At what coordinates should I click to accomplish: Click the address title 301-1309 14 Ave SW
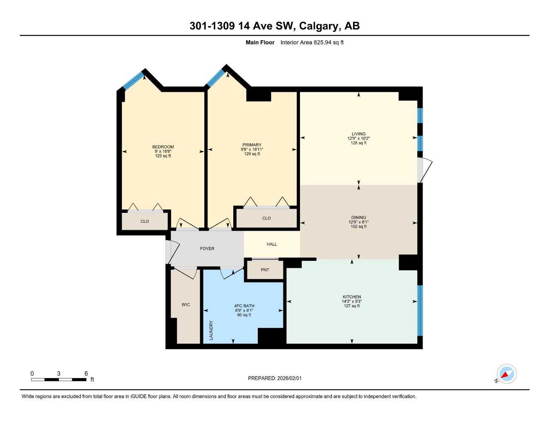pyautogui.click(x=274, y=26)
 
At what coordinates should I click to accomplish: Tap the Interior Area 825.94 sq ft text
pyautogui.click(x=312, y=42)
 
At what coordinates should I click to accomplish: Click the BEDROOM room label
pyautogui.click(x=163, y=147)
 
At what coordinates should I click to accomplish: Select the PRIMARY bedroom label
pyautogui.click(x=252, y=145)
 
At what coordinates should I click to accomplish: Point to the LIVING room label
pyautogui.click(x=358, y=134)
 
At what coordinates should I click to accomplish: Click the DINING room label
pyautogui.click(x=358, y=217)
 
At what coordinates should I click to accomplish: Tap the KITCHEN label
pyautogui.click(x=352, y=297)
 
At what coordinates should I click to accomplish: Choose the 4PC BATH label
pyautogui.click(x=244, y=306)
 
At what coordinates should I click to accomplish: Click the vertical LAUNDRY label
pyautogui.click(x=211, y=330)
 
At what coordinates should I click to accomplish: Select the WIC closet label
pyautogui.click(x=186, y=305)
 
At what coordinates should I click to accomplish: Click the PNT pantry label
pyautogui.click(x=265, y=270)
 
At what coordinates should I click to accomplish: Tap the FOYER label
pyautogui.click(x=207, y=249)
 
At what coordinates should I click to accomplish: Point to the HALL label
pyautogui.click(x=272, y=244)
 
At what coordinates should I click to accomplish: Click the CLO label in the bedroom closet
pyautogui.click(x=145, y=222)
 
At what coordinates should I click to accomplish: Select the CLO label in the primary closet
pyautogui.click(x=266, y=218)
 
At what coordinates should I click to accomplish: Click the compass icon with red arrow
pyautogui.click(x=506, y=374)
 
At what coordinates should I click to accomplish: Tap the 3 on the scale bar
pyautogui.click(x=58, y=373)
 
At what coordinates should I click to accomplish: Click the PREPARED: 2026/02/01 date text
pyautogui.click(x=275, y=378)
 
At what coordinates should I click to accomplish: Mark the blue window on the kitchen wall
pyautogui.click(x=419, y=310)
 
